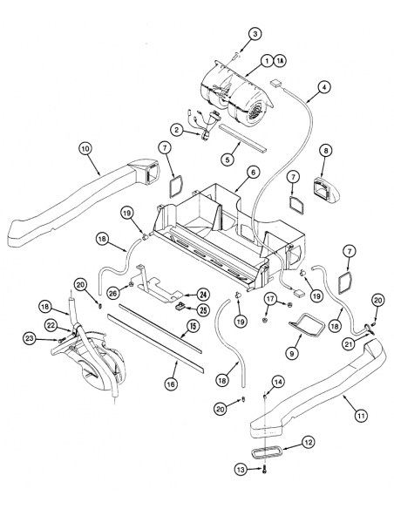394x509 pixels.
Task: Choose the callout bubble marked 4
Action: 323,87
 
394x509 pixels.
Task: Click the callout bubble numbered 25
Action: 202,309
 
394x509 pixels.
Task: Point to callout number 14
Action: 278,382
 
